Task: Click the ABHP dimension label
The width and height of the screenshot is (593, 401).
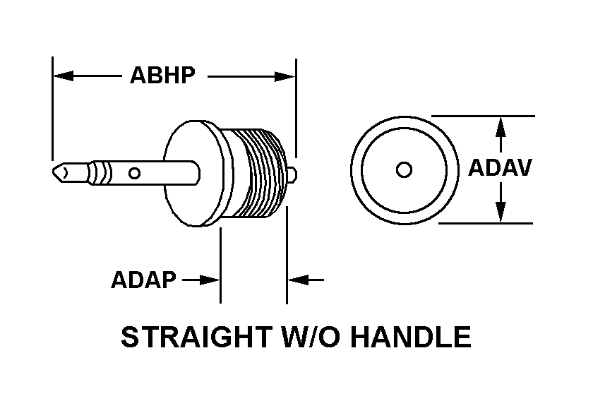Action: (x=162, y=76)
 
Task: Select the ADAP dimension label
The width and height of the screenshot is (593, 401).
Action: (x=143, y=280)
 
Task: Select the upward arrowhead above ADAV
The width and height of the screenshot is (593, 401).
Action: (x=501, y=126)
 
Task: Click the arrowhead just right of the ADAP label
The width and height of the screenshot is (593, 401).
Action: (x=210, y=280)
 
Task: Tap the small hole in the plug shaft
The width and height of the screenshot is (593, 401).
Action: (x=134, y=172)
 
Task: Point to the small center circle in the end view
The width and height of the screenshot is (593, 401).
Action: (x=404, y=169)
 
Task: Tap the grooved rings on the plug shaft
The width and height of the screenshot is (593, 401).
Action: (x=102, y=172)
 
